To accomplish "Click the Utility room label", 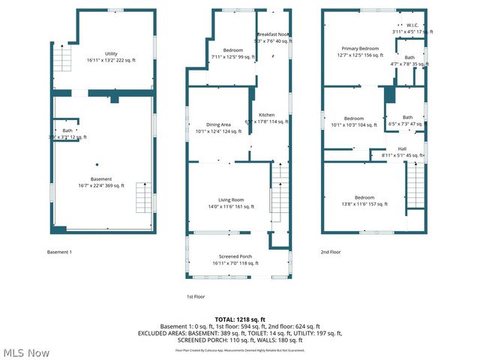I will click(x=111, y=54).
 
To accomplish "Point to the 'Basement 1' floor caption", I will click(x=59, y=252).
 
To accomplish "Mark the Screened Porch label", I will click(x=235, y=259).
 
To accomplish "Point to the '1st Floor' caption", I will click(x=196, y=297).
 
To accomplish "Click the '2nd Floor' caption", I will click(x=331, y=252).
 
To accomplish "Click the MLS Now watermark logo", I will click(x=25, y=352).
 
